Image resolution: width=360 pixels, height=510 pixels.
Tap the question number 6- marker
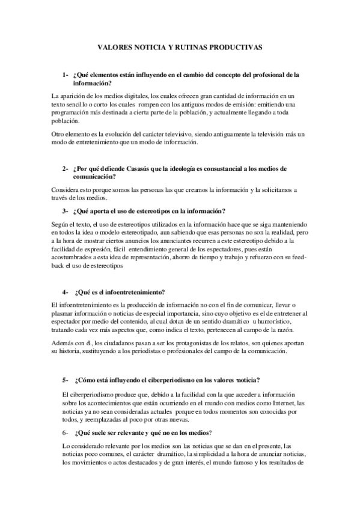pyautogui.click(x=66, y=432)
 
